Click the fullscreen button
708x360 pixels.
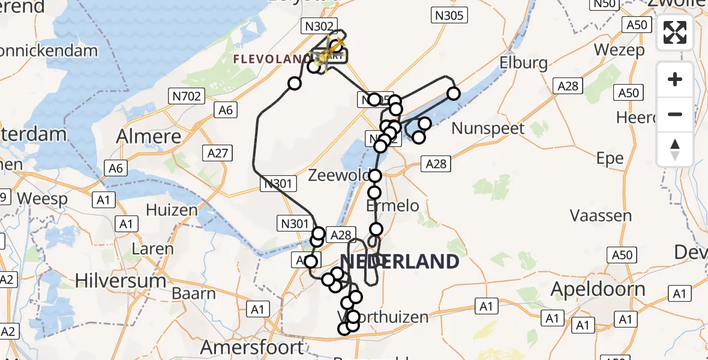pyautogui.click(x=675, y=32)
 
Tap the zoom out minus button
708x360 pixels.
pyautogui.click(x=675, y=115)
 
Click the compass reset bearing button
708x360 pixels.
pyautogui.click(x=675, y=149)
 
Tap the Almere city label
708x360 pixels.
pyautogui.click(x=149, y=136)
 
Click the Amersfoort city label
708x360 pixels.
pyautogui.click(x=252, y=347)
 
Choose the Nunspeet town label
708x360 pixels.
pyautogui.click(x=488, y=128)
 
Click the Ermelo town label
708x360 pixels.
pyautogui.click(x=393, y=206)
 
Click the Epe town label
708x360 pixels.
pyautogui.click(x=610, y=159)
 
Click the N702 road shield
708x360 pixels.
pyautogui.click(x=188, y=95)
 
